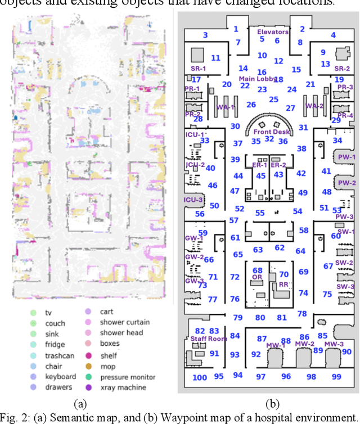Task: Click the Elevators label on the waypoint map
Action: pyautogui.click(x=273, y=32)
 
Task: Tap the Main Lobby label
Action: pyautogui.click(x=257, y=79)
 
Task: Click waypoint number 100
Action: pyautogui.click(x=200, y=377)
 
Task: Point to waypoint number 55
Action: pyautogui.click(x=259, y=213)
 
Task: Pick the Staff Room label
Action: pyautogui.click(x=209, y=339)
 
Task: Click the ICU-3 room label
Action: pyautogui.click(x=193, y=199)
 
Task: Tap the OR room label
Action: pyautogui.click(x=256, y=278)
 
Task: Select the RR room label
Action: pyautogui.click(x=283, y=285)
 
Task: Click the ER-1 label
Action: pyautogui.click(x=260, y=165)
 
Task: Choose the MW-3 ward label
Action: pyautogui.click(x=334, y=344)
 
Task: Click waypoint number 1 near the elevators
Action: pyautogui.click(x=236, y=29)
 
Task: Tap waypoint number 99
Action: pyautogui.click(x=336, y=376)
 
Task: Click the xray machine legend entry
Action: pyautogui.click(x=123, y=387)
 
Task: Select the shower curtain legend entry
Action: pyautogui.click(x=124, y=322)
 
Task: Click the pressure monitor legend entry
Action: pyautogui.click(x=127, y=377)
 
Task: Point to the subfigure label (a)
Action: pyautogui.click(x=80, y=403)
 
